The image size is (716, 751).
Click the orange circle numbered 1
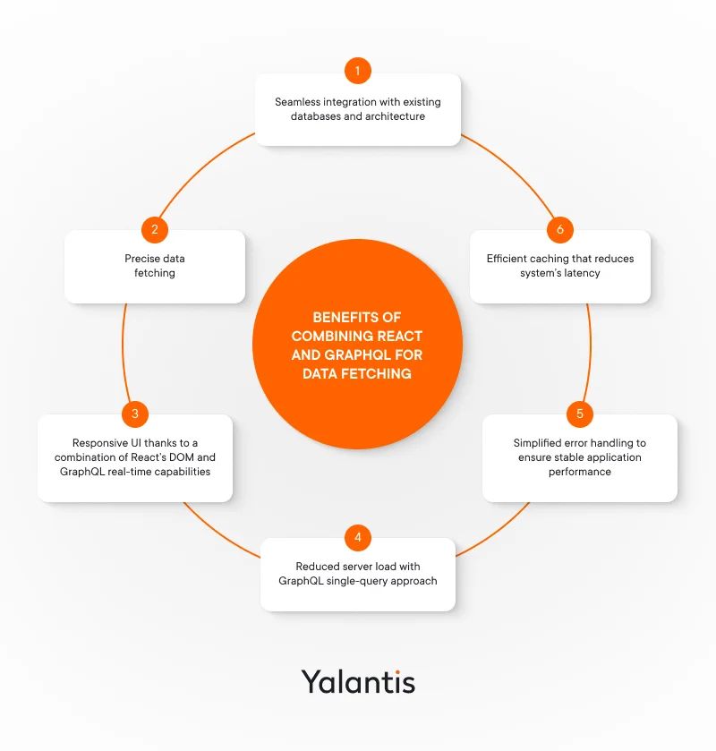(x=358, y=71)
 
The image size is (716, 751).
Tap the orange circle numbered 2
(x=155, y=230)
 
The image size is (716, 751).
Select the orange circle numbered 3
(x=135, y=414)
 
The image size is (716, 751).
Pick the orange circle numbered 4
(x=358, y=537)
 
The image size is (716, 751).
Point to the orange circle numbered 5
(x=580, y=414)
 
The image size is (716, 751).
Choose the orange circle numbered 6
(x=560, y=230)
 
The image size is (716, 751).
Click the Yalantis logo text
(x=358, y=682)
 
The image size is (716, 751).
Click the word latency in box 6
(x=582, y=273)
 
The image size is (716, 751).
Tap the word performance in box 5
(x=580, y=472)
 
